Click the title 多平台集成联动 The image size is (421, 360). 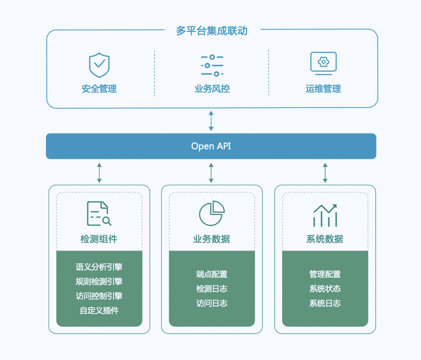(x=212, y=31)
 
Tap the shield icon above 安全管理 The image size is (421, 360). (x=99, y=65)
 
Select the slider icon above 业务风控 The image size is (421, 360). (x=212, y=65)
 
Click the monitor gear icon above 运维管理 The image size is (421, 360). (x=323, y=63)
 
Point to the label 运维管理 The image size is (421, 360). (x=323, y=89)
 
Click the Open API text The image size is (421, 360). (x=211, y=146)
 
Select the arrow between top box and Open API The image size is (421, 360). (x=211, y=120)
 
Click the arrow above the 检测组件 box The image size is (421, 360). (x=99, y=173)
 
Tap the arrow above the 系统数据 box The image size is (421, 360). (x=325, y=173)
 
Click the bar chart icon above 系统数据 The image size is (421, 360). (x=325, y=215)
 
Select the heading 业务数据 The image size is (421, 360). (x=212, y=239)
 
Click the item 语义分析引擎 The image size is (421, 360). (x=99, y=267)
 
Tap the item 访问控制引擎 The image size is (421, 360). (x=99, y=296)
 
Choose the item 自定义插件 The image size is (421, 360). (x=99, y=311)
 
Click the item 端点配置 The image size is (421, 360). (x=212, y=274)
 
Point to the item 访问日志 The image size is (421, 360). (x=212, y=303)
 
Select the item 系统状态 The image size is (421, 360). (x=325, y=289)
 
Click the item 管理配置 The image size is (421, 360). (x=325, y=274)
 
